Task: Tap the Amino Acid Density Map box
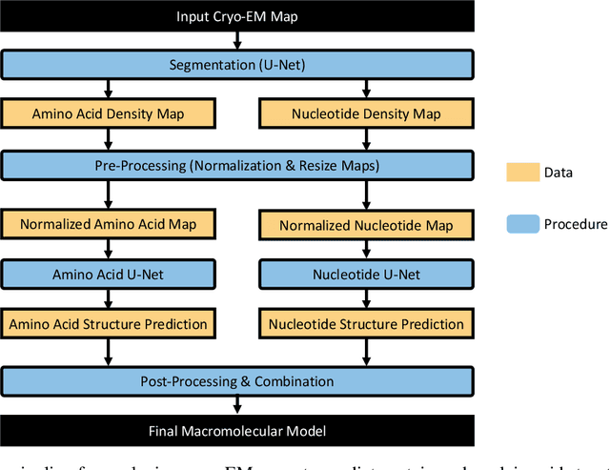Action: click(109, 113)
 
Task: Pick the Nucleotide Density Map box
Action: click(365, 113)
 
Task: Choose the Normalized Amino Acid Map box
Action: click(109, 225)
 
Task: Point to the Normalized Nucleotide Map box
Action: click(365, 226)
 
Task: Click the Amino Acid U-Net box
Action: click(109, 275)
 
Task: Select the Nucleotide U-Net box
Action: click(365, 275)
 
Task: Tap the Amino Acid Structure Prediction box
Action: click(109, 324)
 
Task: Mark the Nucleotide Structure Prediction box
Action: click(365, 324)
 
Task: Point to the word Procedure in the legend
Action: click(576, 224)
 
